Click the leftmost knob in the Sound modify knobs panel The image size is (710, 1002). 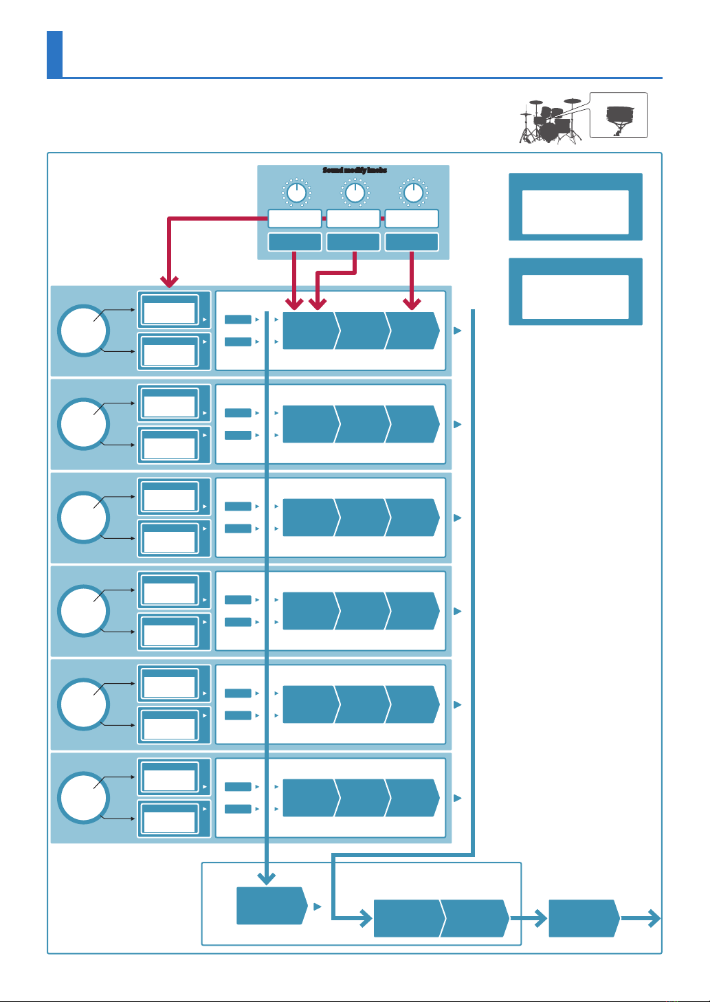coord(296,192)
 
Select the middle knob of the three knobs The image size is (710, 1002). coord(354,192)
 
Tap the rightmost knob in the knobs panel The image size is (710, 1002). coord(412,192)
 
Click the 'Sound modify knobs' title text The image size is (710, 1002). coord(355,170)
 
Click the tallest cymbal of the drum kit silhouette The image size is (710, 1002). coord(573,101)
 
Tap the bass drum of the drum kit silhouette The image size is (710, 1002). coord(549,130)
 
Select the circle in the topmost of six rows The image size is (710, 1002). coord(82,331)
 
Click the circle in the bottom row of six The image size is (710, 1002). coord(82,798)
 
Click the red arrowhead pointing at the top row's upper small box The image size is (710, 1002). coord(169,281)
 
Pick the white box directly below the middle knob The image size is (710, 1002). coord(353,219)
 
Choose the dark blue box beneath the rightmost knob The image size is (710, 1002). coord(412,242)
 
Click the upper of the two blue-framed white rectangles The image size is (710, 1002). coord(575,212)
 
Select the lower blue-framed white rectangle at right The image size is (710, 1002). coord(575,296)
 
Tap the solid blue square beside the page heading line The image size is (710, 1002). coord(54,54)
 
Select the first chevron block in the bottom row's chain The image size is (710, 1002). coord(309,798)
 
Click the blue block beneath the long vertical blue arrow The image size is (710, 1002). coord(271,906)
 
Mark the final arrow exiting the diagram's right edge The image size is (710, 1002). coord(650,918)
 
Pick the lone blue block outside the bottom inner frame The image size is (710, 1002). coord(583,918)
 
